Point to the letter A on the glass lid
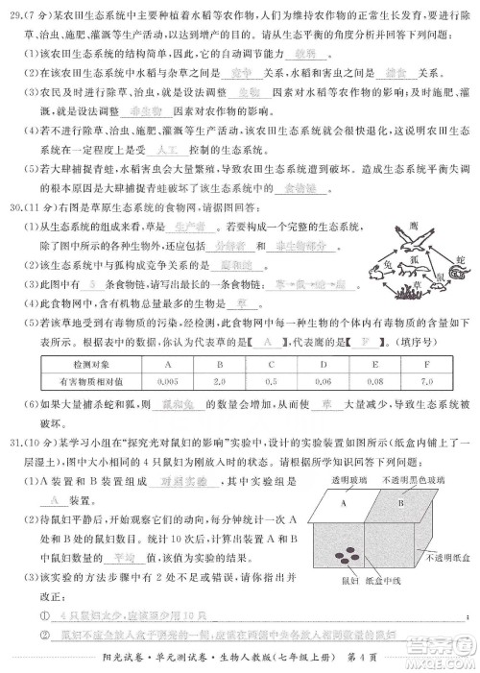click(340, 500)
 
